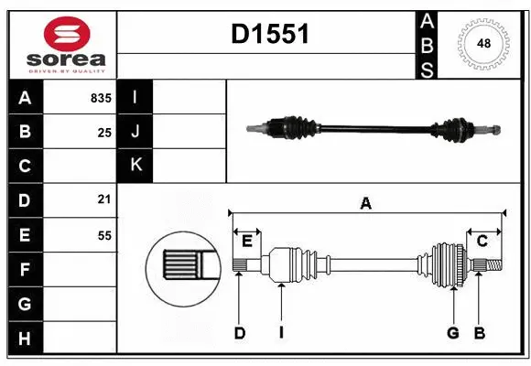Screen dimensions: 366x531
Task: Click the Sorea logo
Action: point(61,44)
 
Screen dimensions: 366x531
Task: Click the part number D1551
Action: point(269,35)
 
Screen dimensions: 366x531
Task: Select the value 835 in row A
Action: point(100,98)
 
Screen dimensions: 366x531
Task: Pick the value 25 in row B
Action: point(103,133)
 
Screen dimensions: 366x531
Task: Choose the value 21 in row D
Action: point(103,199)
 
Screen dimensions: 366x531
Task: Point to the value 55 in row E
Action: point(103,235)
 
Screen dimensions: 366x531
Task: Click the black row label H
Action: point(25,339)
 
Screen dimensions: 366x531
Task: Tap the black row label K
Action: point(135,166)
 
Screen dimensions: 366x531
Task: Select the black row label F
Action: point(25,270)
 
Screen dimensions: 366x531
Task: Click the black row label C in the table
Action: point(25,167)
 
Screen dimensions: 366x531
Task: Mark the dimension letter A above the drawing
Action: point(366,203)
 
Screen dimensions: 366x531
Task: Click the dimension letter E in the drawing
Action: point(247,241)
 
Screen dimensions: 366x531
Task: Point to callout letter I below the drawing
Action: point(282,333)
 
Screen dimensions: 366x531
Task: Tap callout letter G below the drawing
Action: point(452,333)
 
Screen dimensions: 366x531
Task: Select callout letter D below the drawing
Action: point(239,333)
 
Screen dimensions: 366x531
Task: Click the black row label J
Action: point(135,132)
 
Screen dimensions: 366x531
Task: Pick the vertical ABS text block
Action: point(427,44)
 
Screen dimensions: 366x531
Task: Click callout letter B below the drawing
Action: point(478,333)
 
